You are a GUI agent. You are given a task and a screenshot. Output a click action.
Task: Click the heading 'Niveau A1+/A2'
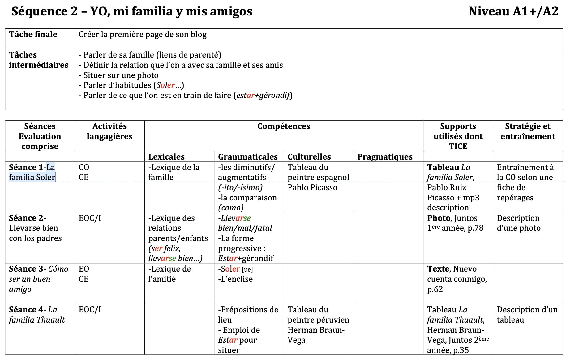click(x=513, y=11)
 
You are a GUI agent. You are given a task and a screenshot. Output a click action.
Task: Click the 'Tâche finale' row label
click(x=33, y=34)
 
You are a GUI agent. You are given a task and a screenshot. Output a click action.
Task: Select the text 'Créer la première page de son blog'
click(x=143, y=35)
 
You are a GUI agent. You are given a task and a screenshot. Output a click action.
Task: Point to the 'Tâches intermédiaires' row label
click(x=39, y=60)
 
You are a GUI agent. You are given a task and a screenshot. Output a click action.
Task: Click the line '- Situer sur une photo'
click(x=118, y=75)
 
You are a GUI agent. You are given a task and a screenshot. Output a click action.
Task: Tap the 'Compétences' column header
click(x=284, y=126)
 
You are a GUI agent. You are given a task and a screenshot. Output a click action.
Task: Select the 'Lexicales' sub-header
click(x=166, y=156)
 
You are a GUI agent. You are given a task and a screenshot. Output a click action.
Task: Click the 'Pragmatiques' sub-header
click(x=385, y=156)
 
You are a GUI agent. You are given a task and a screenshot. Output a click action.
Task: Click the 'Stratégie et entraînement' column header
click(x=528, y=131)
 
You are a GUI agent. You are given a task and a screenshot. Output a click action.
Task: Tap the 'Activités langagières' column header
click(x=109, y=131)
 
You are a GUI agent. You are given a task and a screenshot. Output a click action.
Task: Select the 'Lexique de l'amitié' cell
click(x=169, y=274)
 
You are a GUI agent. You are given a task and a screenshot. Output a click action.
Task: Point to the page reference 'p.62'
click(x=435, y=289)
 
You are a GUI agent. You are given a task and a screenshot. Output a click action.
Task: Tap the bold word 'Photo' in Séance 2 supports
click(x=439, y=218)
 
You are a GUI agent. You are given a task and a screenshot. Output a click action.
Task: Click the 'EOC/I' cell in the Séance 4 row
click(x=90, y=310)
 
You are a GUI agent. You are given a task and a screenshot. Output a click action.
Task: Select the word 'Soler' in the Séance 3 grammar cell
click(x=230, y=269)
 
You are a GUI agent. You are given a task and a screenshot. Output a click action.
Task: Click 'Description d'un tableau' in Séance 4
click(x=527, y=315)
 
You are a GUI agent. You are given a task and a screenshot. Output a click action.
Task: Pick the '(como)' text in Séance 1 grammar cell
click(x=231, y=208)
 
